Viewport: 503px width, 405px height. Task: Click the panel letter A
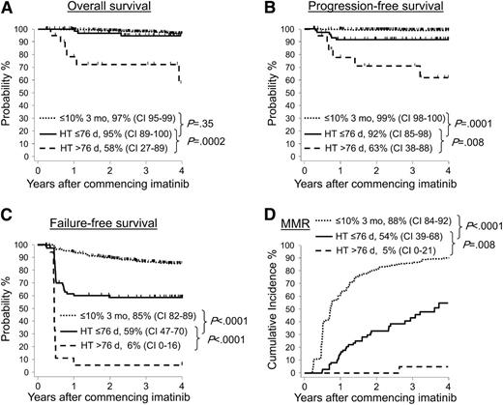tap(8, 9)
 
